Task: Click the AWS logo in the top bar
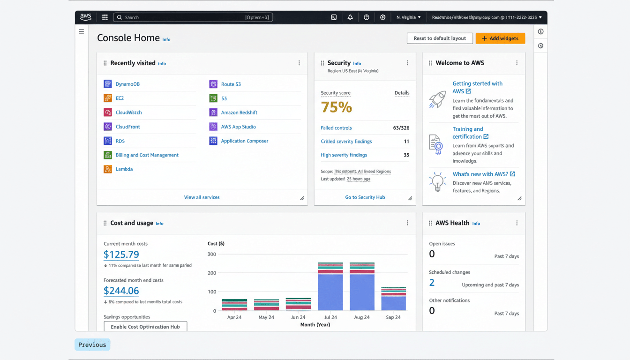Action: tap(86, 17)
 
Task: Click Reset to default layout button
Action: tap(439, 38)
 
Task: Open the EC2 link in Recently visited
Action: tap(120, 98)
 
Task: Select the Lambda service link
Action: tap(124, 169)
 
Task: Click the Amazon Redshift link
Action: tap(239, 112)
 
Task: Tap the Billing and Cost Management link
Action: tap(147, 155)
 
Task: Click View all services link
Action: tap(202, 197)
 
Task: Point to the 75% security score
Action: tap(336, 107)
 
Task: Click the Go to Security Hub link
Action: tap(365, 197)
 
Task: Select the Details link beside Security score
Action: tap(402, 93)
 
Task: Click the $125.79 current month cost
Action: tap(121, 255)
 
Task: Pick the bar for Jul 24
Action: tap(330, 287)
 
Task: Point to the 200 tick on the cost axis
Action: tap(212, 273)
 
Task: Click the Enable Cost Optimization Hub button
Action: tap(145, 327)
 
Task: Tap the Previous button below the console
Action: tap(92, 345)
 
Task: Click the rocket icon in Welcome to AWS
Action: tap(437, 99)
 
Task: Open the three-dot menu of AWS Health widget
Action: tap(517, 223)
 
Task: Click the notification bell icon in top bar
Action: tap(350, 17)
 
